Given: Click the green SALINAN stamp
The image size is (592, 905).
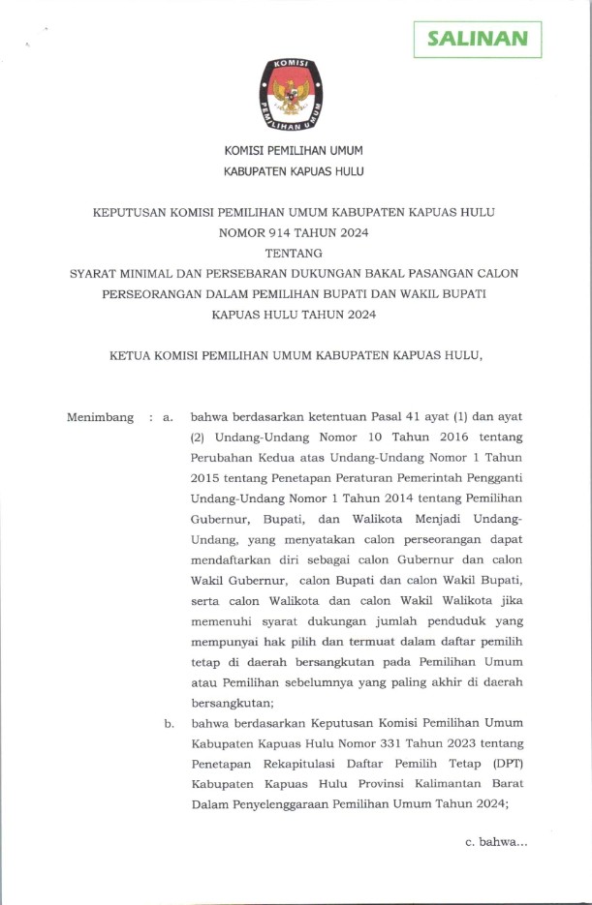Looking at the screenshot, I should (478, 40).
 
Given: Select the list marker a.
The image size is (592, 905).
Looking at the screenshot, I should (168, 417).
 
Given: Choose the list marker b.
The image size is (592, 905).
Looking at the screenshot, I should (169, 722).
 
